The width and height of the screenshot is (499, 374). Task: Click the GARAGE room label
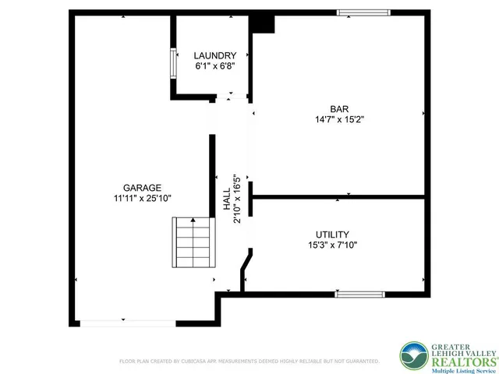(142, 187)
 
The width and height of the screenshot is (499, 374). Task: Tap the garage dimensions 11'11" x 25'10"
(142, 199)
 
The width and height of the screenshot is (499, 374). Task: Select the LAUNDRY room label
(214, 55)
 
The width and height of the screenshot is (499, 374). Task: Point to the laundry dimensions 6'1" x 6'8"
(214, 66)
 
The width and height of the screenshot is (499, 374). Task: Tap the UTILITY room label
(332, 234)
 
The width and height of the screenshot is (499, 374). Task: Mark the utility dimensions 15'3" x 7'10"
(332, 245)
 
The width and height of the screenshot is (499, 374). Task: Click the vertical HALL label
(227, 199)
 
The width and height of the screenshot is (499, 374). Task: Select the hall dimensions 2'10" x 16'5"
(237, 199)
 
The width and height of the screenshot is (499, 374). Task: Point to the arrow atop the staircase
(192, 221)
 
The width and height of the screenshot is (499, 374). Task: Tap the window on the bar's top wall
(363, 12)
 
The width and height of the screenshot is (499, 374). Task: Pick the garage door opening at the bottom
(126, 322)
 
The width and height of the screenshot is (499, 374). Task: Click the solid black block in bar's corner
(263, 23)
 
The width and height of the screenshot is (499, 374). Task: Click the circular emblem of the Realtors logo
(413, 355)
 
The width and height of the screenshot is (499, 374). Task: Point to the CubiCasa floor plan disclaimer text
(248, 362)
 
